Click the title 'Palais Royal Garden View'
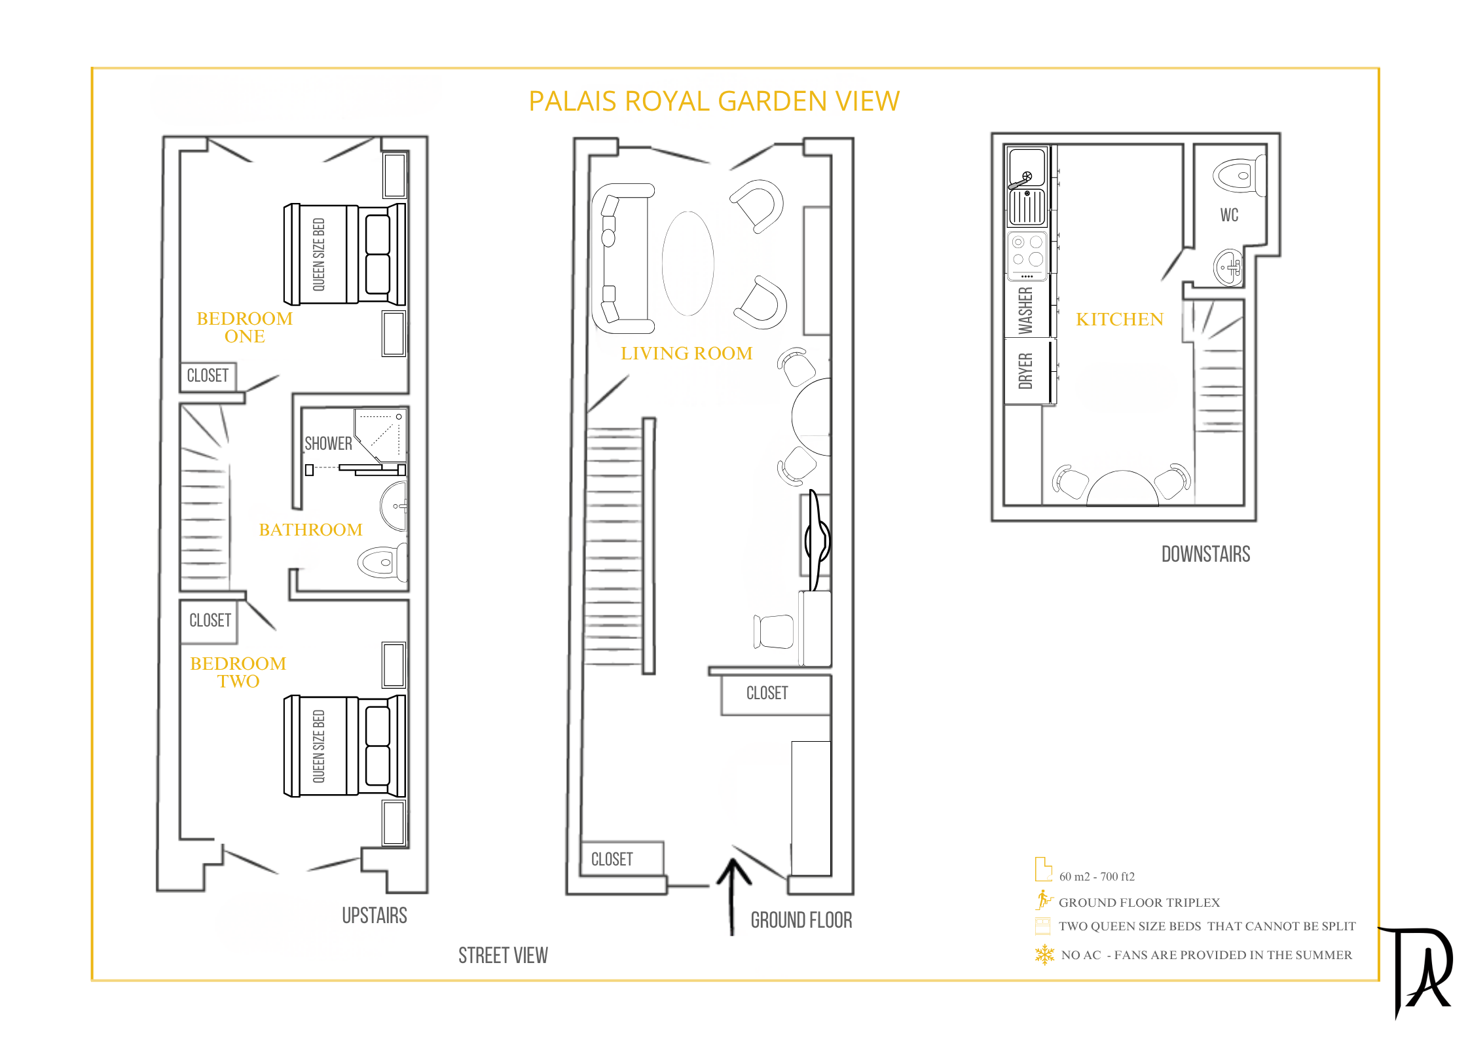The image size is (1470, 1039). click(x=714, y=101)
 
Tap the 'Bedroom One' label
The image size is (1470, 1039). click(x=244, y=327)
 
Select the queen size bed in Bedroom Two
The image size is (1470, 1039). click(x=344, y=746)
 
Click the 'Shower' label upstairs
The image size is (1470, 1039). click(x=328, y=444)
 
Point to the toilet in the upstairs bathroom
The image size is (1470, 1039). click(x=383, y=562)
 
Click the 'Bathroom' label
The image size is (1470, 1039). click(x=310, y=530)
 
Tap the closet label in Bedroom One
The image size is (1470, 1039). click(x=208, y=376)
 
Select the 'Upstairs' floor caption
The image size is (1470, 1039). click(x=375, y=915)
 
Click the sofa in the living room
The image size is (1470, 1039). click(x=621, y=259)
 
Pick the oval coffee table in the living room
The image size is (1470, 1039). click(x=688, y=263)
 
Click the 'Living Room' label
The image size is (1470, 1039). click(x=686, y=354)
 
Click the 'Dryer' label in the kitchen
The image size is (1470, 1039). click(x=1025, y=371)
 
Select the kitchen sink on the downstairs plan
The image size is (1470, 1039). click(x=1027, y=167)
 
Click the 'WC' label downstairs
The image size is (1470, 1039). click(x=1229, y=215)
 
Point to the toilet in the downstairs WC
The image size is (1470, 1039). click(x=1238, y=175)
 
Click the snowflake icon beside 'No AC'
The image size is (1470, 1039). click(x=1044, y=955)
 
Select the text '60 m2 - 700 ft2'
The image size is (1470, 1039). click(x=1097, y=877)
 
